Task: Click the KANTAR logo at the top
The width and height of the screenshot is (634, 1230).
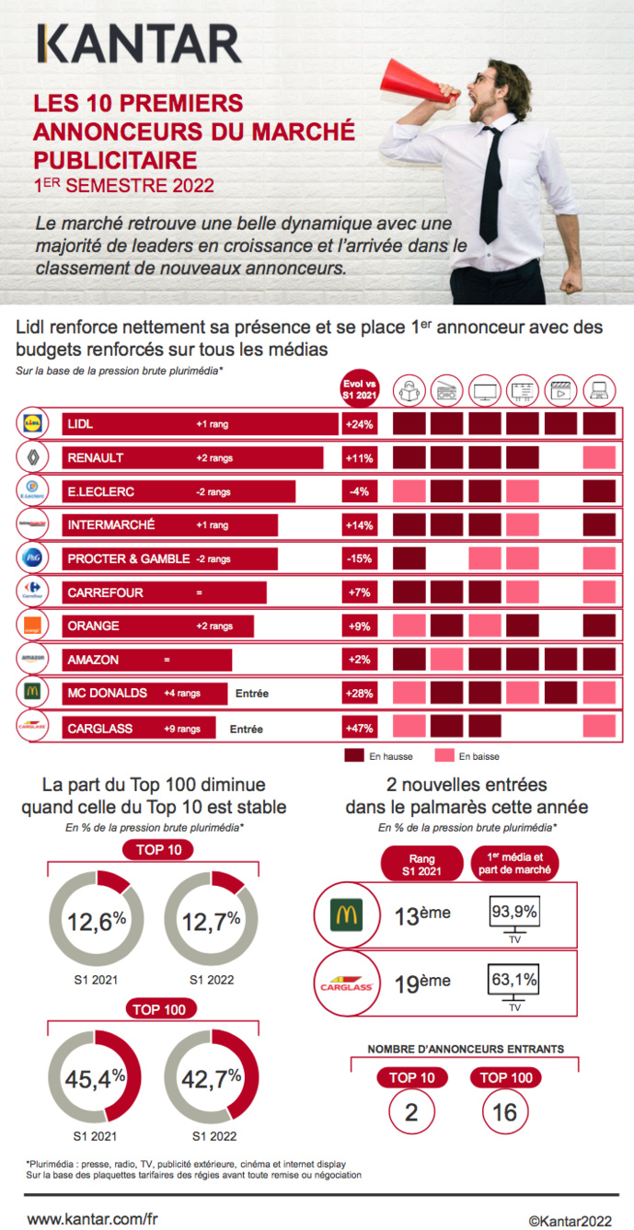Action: coord(139,44)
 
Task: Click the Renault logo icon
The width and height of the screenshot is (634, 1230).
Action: coord(31,457)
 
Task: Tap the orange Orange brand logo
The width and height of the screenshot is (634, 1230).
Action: coord(31,626)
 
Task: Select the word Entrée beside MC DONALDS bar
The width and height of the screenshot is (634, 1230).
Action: coord(251,695)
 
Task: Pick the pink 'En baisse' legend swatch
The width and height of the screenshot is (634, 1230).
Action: coord(444,756)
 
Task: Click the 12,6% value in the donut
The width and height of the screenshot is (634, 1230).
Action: coord(95,921)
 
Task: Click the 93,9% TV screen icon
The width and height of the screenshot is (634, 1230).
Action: coord(513,914)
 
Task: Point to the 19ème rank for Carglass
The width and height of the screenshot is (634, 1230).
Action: coord(422,983)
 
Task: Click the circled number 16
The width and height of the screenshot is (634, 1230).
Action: coord(504,1112)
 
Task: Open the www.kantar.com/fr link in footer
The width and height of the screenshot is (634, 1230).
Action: coord(92,1218)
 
